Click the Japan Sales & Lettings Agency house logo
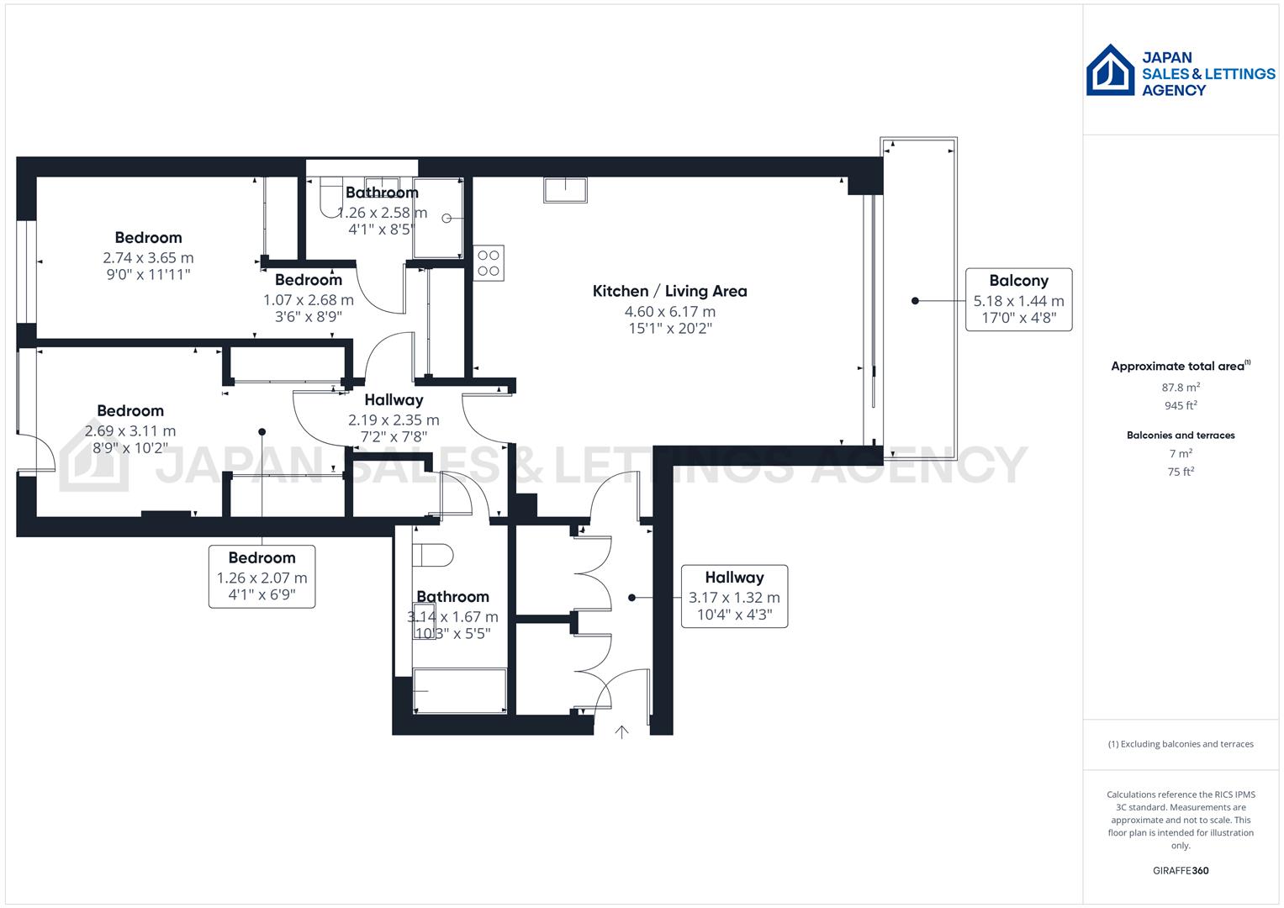(1110, 71)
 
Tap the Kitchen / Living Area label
(669, 291)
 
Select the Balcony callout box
(1018, 299)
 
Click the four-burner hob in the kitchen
(489, 262)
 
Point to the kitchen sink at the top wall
(565, 190)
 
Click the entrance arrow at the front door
(621, 731)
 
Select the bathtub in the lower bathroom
(460, 691)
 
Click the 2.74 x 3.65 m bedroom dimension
(148, 258)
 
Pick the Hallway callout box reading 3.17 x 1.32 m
(734, 596)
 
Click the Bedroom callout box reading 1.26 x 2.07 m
(262, 577)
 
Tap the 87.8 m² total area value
(1181, 388)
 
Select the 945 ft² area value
(1181, 405)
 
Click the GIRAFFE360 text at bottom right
(1181, 870)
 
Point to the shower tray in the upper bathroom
(438, 219)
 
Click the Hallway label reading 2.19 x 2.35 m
(394, 419)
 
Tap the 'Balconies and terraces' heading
(1181, 436)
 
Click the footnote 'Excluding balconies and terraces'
(1181, 744)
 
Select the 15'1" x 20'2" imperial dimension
(669, 329)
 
